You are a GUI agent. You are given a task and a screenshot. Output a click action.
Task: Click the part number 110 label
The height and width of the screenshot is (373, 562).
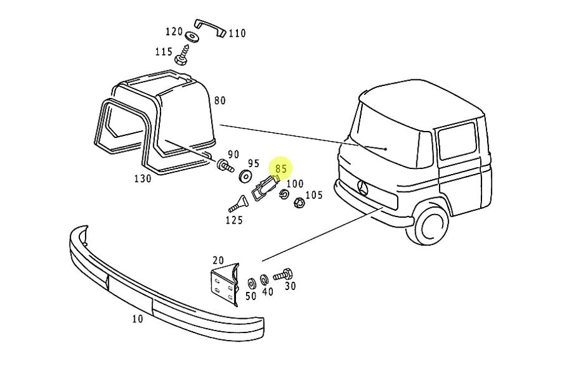coord(237,34)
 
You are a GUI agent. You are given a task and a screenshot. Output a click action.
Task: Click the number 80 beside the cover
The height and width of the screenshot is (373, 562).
coord(219,100)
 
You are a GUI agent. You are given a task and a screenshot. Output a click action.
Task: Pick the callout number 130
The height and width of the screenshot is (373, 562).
coord(142,179)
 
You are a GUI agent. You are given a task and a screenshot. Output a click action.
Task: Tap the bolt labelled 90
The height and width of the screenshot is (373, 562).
coord(224,166)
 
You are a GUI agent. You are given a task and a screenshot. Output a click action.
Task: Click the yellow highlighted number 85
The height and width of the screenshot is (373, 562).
coord(281,168)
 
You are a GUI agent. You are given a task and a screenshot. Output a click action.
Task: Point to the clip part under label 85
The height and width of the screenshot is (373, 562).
coord(265,188)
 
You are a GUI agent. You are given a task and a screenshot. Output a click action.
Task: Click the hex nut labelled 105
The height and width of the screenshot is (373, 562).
coord(299,202)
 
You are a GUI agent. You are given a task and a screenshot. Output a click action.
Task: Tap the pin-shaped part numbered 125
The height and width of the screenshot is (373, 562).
coord(237,203)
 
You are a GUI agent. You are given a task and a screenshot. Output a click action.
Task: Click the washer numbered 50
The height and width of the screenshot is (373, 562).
coord(252,283)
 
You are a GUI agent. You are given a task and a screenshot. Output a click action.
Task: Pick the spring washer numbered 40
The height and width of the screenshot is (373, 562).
coord(264,278)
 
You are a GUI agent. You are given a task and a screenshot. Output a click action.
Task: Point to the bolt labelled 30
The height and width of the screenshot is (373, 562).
coord(283,274)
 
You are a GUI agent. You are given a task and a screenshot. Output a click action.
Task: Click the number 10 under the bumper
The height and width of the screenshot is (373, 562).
coord(137,319)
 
